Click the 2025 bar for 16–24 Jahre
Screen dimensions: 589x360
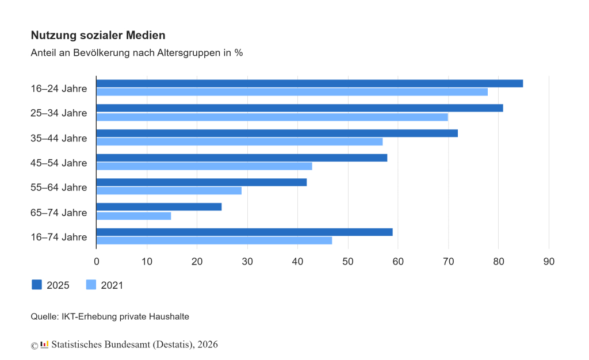(309, 83)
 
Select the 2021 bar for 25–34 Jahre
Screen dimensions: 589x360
(272, 117)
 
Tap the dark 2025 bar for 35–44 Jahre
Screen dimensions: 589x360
(277, 133)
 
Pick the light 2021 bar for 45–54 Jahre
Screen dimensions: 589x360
(204, 166)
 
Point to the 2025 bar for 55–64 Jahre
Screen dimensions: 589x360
(201, 182)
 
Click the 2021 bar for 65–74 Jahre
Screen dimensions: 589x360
(133, 216)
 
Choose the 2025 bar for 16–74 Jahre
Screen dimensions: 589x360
(244, 232)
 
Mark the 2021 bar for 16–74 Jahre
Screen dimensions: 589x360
(214, 240)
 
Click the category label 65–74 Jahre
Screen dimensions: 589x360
(59, 212)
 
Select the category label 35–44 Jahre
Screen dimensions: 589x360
(59, 138)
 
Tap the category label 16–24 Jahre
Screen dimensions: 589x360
(59, 89)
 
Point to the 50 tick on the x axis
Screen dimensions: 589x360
(348, 261)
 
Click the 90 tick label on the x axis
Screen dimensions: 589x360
(549, 261)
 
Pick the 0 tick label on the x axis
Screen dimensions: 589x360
(97, 261)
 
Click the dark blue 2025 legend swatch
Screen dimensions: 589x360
(36, 285)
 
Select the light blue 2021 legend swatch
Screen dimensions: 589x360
(91, 285)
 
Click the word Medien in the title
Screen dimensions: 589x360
(146, 35)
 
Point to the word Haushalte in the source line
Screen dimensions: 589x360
(169, 316)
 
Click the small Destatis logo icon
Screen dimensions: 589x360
(44, 344)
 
